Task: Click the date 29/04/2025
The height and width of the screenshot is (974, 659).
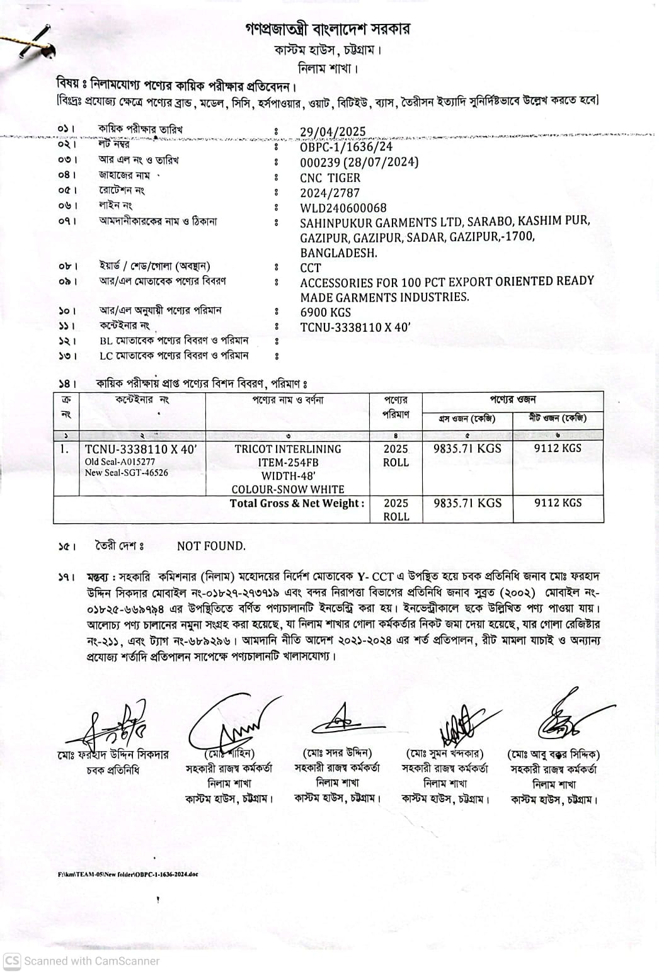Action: point(333,132)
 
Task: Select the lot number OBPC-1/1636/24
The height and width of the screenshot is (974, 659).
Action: point(346,147)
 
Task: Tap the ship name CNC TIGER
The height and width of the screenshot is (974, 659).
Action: point(330,178)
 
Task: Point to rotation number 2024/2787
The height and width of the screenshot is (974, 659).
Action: point(329,193)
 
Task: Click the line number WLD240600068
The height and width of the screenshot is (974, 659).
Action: point(343,208)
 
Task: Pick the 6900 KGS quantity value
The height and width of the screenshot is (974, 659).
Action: point(326,312)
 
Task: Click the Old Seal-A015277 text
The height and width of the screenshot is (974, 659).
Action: point(120,462)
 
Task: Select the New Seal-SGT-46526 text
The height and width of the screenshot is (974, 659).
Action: point(127,472)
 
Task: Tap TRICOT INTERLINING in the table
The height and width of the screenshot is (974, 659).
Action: point(288,449)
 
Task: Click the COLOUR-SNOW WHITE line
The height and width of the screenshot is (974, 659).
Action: point(288,489)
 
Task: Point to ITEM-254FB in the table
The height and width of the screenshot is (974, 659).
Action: point(288,463)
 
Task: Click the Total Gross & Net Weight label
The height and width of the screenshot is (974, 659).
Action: point(297,503)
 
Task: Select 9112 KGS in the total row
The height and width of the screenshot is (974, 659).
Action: point(558,502)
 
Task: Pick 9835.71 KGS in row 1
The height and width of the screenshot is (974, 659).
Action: point(467,448)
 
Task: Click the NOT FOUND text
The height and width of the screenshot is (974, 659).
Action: point(211,546)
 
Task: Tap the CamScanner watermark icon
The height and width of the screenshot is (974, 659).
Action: point(12,961)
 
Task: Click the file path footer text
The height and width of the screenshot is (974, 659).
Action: point(128,875)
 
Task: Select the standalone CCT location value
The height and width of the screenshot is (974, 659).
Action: point(311,268)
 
